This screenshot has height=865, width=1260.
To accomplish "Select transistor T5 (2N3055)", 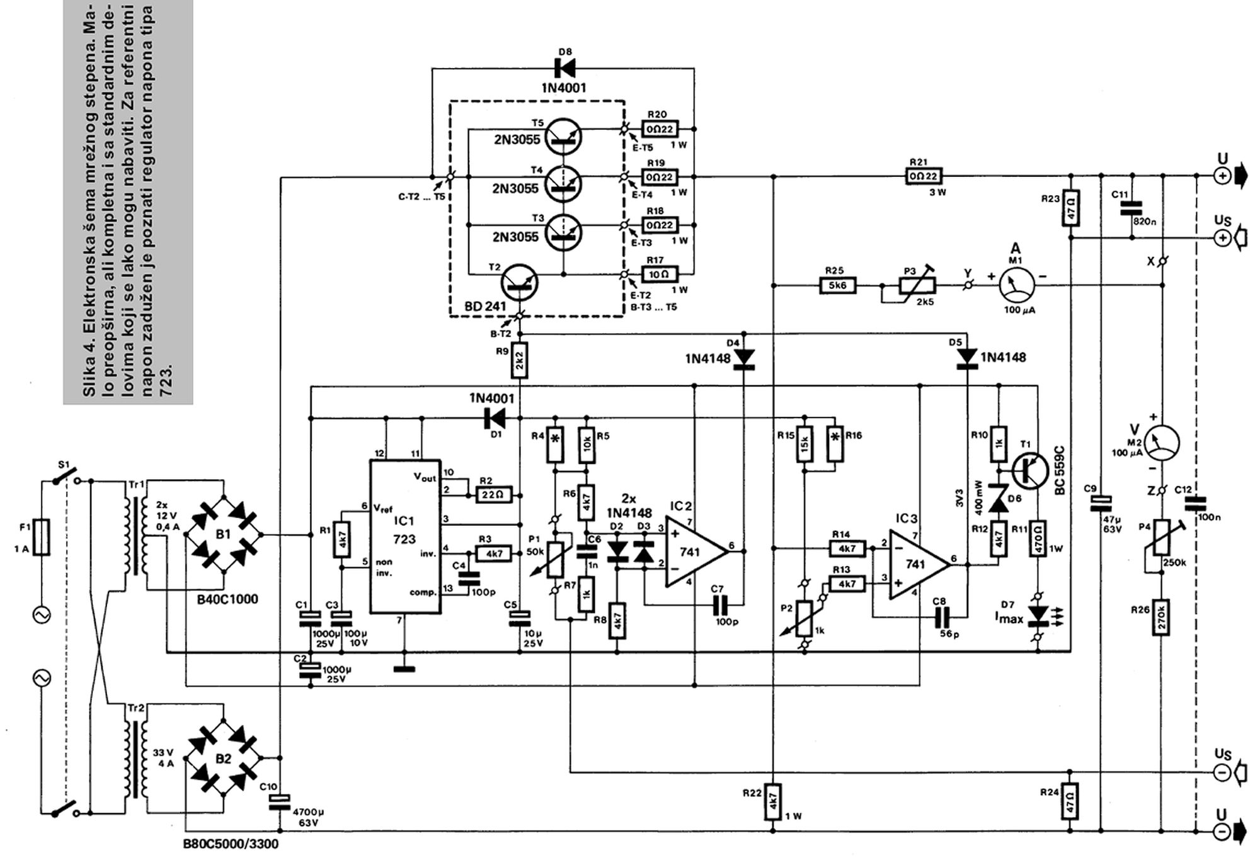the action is click(563, 136).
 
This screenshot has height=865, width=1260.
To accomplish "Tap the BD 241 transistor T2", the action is click(519, 283).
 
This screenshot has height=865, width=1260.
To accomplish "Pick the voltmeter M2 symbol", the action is click(1162, 443).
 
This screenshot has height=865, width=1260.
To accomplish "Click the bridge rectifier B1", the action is click(224, 534).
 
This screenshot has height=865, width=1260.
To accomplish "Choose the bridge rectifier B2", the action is click(224, 759).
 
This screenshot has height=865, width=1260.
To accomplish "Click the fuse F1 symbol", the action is click(42, 537).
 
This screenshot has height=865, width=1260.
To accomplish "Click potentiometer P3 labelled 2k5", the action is click(908, 285).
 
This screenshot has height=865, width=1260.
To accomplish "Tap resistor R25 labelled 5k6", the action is click(838, 285).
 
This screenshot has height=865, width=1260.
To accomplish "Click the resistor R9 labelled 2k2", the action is click(519, 361).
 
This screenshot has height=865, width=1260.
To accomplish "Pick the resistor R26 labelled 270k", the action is click(1162, 617).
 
